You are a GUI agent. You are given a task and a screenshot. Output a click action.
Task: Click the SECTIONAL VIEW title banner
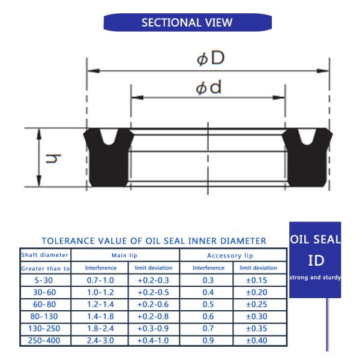click(x=187, y=23)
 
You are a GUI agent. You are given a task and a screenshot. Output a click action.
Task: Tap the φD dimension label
click(x=210, y=58)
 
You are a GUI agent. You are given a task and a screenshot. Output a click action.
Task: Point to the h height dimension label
click(x=55, y=158)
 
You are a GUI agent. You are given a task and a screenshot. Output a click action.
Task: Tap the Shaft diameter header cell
click(x=45, y=255)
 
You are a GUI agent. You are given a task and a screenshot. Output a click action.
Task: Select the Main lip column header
click(x=125, y=256)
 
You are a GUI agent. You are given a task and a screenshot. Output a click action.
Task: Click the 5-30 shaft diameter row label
click(x=45, y=280)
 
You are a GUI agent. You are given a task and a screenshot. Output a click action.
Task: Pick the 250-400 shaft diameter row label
click(x=45, y=341)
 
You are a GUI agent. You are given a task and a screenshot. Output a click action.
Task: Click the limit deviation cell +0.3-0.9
click(x=153, y=329)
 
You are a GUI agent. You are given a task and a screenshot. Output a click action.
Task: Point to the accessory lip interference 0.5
click(x=208, y=304)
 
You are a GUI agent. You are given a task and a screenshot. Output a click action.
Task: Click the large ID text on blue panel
click(x=316, y=261)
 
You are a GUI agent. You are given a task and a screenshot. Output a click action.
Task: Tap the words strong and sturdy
click(x=315, y=277)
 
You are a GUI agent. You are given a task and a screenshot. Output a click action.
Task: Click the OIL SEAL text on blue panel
click(x=315, y=239)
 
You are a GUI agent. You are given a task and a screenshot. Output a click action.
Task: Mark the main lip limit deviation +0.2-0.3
click(x=153, y=280)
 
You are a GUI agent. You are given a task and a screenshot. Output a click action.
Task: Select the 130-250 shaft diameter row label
click(x=45, y=329)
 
